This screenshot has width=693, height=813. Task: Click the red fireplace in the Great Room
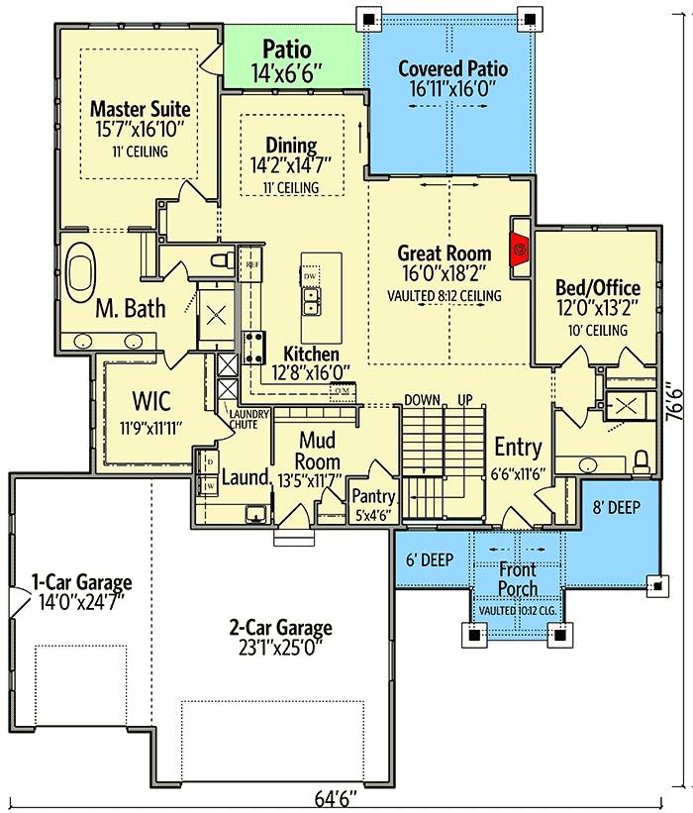519,249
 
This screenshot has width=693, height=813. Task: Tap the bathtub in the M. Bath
80,266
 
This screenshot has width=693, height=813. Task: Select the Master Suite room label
140,107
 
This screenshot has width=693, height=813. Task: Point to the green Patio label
286,50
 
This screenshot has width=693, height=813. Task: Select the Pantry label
374,497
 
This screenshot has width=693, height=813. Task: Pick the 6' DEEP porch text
429,559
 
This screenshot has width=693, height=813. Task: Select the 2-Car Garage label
281,628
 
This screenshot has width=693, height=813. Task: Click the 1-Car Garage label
81,581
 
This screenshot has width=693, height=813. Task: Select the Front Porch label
518,578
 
